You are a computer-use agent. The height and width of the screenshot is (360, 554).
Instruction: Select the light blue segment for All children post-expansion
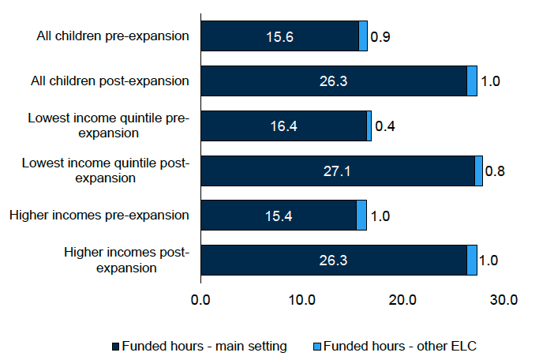[472, 81]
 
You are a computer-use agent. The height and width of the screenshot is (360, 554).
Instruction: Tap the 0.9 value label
[380, 36]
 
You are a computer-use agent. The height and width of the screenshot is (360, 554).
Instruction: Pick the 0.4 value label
[384, 126]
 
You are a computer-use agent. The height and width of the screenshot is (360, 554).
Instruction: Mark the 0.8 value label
[496, 171]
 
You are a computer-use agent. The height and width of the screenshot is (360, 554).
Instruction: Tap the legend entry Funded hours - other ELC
[395, 346]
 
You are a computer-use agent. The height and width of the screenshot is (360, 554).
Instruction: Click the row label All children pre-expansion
[113, 36]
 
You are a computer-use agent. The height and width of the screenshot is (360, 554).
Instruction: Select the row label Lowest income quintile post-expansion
[106, 171]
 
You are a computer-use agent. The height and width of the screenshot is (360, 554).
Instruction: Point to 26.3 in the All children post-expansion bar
[333, 81]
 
